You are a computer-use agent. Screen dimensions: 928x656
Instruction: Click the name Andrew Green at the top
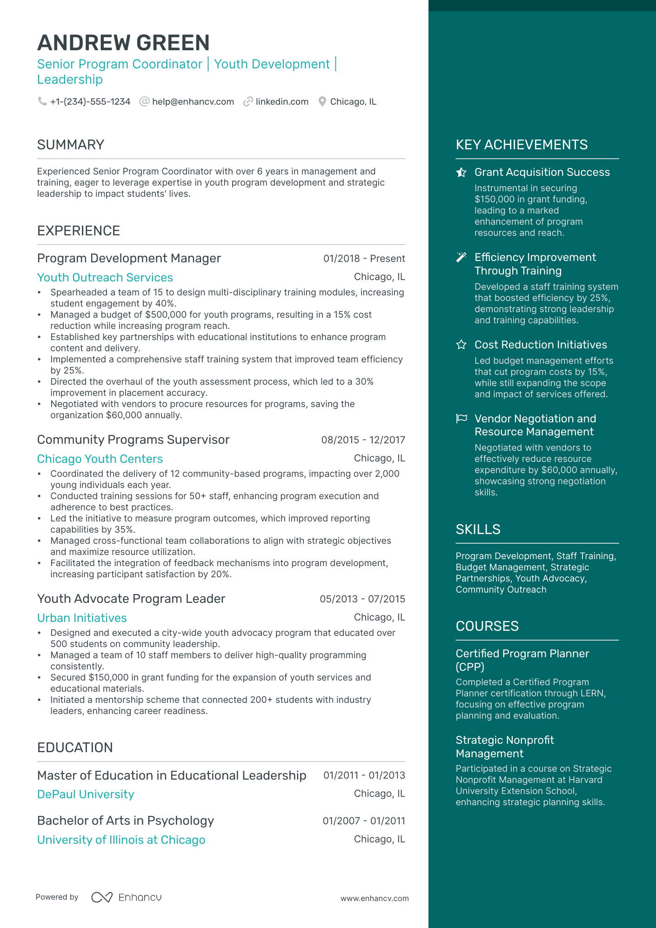[123, 43]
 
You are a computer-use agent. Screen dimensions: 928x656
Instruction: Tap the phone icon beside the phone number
[42, 101]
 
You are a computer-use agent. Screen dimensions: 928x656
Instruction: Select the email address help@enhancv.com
[193, 101]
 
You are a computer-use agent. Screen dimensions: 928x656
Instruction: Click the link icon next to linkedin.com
[248, 101]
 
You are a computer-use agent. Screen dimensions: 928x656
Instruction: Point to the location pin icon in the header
[322, 101]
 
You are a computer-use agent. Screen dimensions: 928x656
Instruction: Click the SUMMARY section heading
[71, 145]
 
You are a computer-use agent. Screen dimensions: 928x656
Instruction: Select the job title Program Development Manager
[129, 258]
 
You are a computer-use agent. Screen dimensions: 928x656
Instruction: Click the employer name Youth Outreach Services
[105, 277]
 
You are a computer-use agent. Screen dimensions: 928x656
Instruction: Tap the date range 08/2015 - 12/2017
[363, 440]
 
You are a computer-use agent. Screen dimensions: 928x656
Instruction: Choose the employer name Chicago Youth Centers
[100, 459]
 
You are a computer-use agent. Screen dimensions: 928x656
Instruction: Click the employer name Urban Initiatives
[82, 618]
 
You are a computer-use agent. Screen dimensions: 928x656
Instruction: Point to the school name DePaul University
[86, 794]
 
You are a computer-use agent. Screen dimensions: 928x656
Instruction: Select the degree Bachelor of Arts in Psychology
[126, 821]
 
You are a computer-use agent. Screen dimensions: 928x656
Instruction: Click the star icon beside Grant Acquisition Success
[461, 173]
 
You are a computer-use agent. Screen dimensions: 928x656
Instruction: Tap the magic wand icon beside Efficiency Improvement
[461, 257]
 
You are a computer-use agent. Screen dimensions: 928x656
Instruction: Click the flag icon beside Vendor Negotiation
[461, 419]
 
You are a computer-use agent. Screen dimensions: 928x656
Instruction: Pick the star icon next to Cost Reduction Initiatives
[461, 345]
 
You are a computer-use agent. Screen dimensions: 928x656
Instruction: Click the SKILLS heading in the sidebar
[478, 529]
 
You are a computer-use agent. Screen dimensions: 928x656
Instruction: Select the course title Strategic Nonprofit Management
[505, 747]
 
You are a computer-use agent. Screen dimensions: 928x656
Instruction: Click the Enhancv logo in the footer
[127, 897]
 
